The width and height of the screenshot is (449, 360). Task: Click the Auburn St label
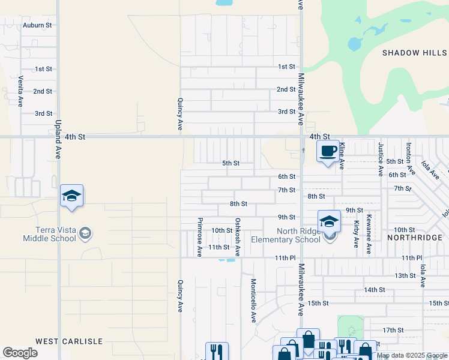tap(37, 25)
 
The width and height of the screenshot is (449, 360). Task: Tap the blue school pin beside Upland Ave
tap(71, 196)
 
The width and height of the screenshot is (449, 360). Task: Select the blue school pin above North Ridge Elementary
tap(329, 222)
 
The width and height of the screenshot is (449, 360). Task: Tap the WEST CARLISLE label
tap(69, 341)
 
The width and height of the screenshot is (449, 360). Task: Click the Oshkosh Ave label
tap(238, 237)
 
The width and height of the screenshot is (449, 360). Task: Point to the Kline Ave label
tap(342, 155)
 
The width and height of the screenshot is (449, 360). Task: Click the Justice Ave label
tap(381, 159)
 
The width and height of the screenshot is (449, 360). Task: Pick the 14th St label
tap(374, 290)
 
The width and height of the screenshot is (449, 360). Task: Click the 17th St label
tap(393, 330)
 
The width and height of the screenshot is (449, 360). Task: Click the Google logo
tap(20, 353)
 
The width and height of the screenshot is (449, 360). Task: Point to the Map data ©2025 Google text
tap(411, 355)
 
